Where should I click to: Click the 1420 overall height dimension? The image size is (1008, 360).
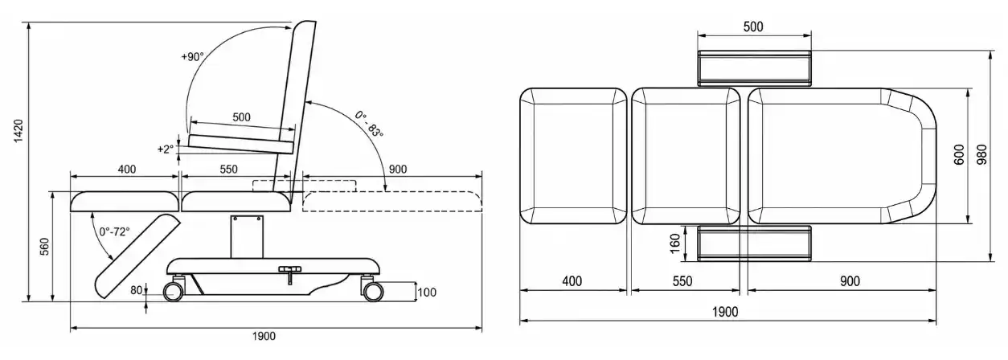click(x=18, y=131)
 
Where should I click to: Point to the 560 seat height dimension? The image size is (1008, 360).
click(x=45, y=247)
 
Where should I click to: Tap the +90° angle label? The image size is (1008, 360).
click(x=192, y=57)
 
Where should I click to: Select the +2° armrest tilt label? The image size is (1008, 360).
click(x=165, y=149)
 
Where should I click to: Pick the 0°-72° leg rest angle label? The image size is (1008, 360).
click(x=114, y=231)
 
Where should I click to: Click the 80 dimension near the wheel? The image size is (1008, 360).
click(x=137, y=291)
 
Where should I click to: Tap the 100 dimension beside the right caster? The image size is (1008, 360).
click(x=427, y=292)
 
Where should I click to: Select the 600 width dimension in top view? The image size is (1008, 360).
click(x=959, y=155)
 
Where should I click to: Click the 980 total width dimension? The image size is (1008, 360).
click(x=981, y=155)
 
